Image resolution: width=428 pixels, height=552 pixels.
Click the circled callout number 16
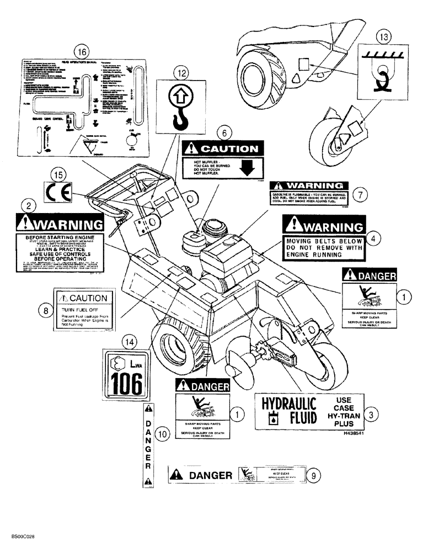[82, 51]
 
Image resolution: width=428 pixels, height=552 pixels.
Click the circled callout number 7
[359, 194]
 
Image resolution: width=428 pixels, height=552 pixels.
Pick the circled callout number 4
[373, 238]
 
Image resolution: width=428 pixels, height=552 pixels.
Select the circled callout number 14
[129, 342]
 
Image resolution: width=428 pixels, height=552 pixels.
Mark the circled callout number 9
[313, 474]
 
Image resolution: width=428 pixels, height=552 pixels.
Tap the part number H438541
[353, 434]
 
